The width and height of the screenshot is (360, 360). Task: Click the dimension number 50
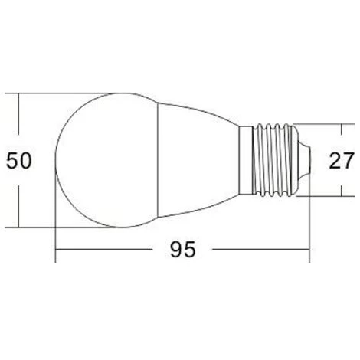pyautogui.click(x=19, y=160)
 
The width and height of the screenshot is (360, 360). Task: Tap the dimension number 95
pyautogui.click(x=183, y=249)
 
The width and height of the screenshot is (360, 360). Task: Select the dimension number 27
pyautogui.click(x=342, y=160)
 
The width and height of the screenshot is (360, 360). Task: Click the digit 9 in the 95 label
pyautogui.click(x=176, y=249)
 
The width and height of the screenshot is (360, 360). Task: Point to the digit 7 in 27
pyautogui.click(x=349, y=160)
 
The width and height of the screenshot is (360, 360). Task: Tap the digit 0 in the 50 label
pyautogui.click(x=25, y=160)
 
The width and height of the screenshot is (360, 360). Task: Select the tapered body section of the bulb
pyautogui.click(x=198, y=160)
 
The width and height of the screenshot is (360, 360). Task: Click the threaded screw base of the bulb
pyautogui.click(x=275, y=160)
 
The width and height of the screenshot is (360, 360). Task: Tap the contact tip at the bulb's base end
pyautogui.click(x=304, y=160)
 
